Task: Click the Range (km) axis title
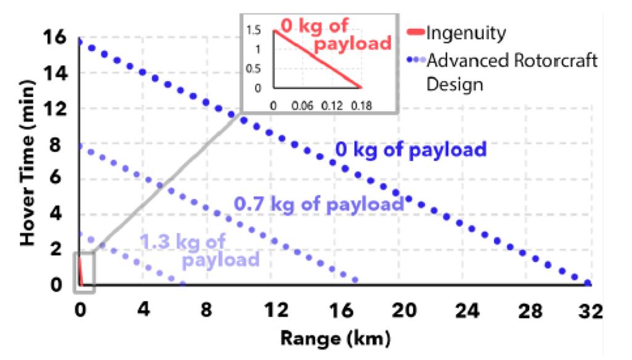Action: click(335, 338)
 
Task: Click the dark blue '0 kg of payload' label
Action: click(410, 149)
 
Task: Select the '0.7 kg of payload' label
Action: click(318, 204)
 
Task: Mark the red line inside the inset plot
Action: click(317, 59)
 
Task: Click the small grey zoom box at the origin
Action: click(84, 272)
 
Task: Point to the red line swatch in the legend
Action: click(415, 31)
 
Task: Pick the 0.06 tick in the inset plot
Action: click(303, 106)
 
